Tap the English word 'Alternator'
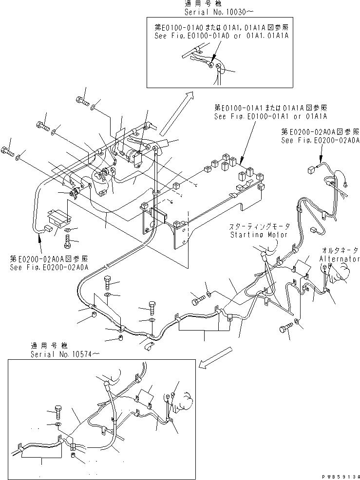340,259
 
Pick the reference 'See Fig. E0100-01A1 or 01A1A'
270,116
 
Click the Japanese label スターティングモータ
260,227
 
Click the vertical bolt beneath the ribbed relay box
68,240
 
